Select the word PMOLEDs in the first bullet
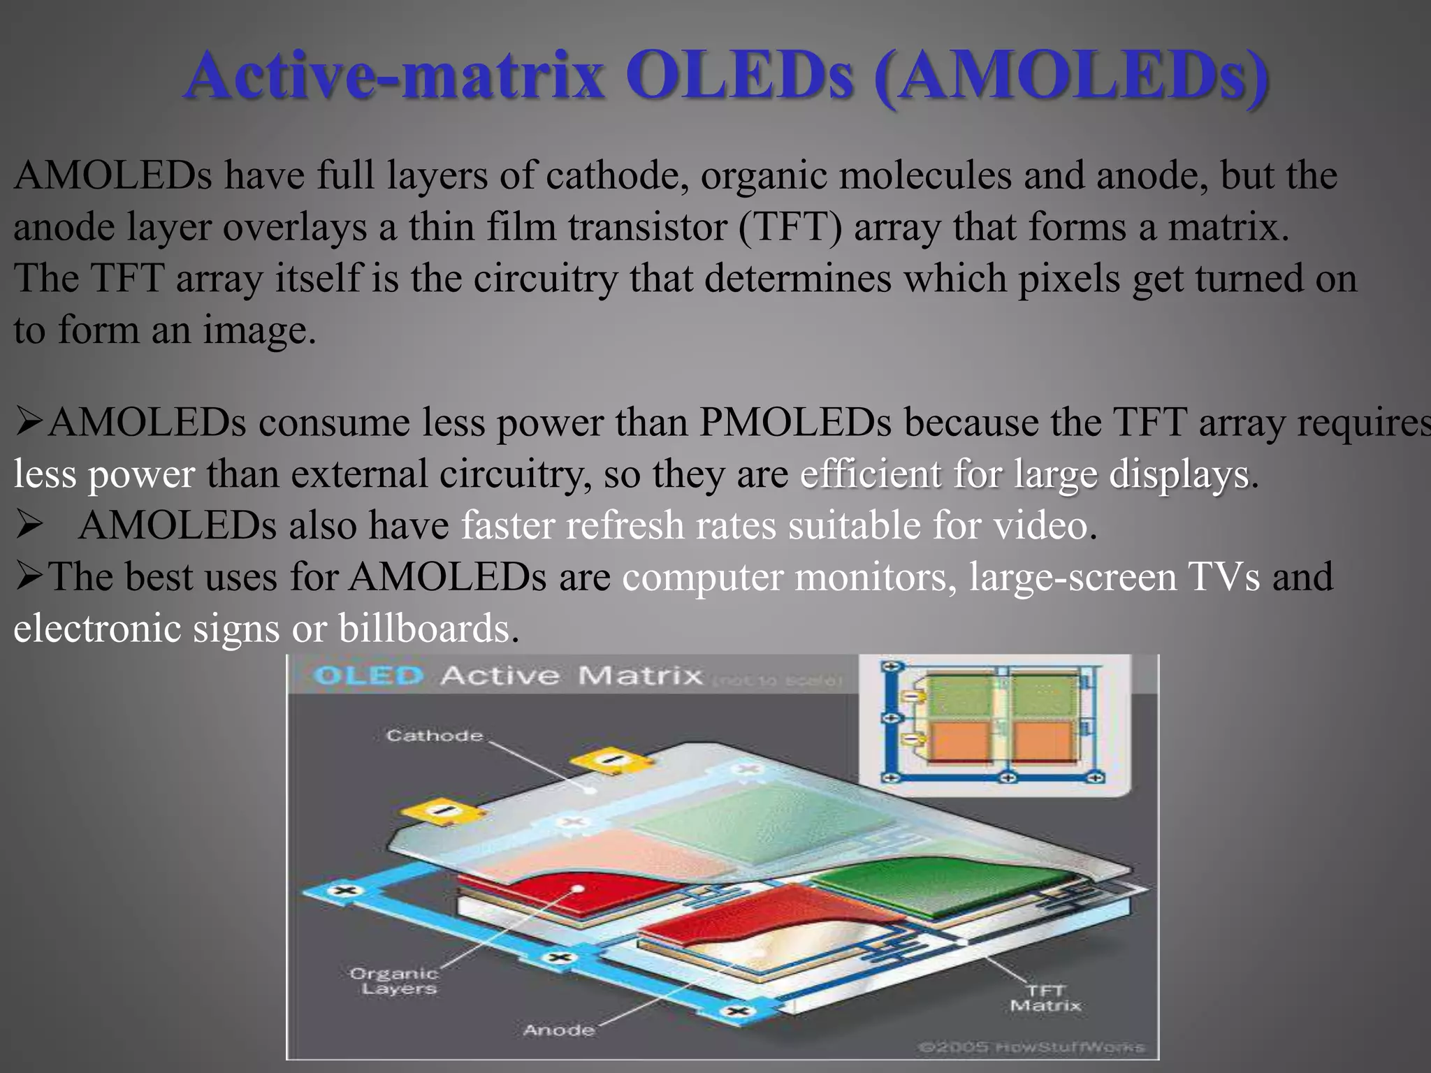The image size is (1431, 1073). pyautogui.click(x=795, y=423)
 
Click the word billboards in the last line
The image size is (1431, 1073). pyautogui.click(x=428, y=628)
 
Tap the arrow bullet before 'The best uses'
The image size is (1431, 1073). pyautogui.click(x=29, y=577)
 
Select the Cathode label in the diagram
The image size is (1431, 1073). pyautogui.click(x=434, y=736)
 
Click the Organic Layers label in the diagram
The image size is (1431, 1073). pyautogui.click(x=395, y=981)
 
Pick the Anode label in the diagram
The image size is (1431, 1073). pyautogui.click(x=558, y=1030)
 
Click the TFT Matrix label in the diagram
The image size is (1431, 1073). pyautogui.click(x=1045, y=998)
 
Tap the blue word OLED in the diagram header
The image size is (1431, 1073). pyautogui.click(x=368, y=676)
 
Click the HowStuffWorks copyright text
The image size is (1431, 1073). pyautogui.click(x=1031, y=1047)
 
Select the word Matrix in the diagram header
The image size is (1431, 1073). pyautogui.click(x=639, y=676)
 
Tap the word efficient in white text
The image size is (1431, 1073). pyautogui.click(x=871, y=474)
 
